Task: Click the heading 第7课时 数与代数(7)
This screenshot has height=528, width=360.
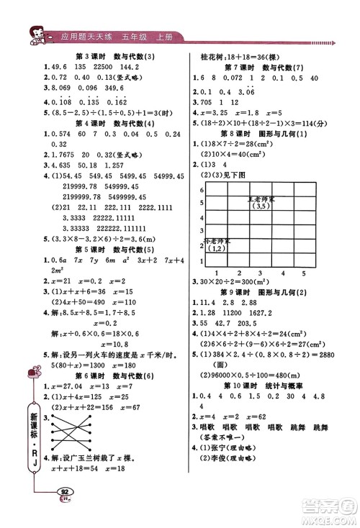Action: tap(261, 67)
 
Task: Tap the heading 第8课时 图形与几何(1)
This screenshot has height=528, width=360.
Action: tap(261, 134)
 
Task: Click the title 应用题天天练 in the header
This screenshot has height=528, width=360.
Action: tap(87, 36)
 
